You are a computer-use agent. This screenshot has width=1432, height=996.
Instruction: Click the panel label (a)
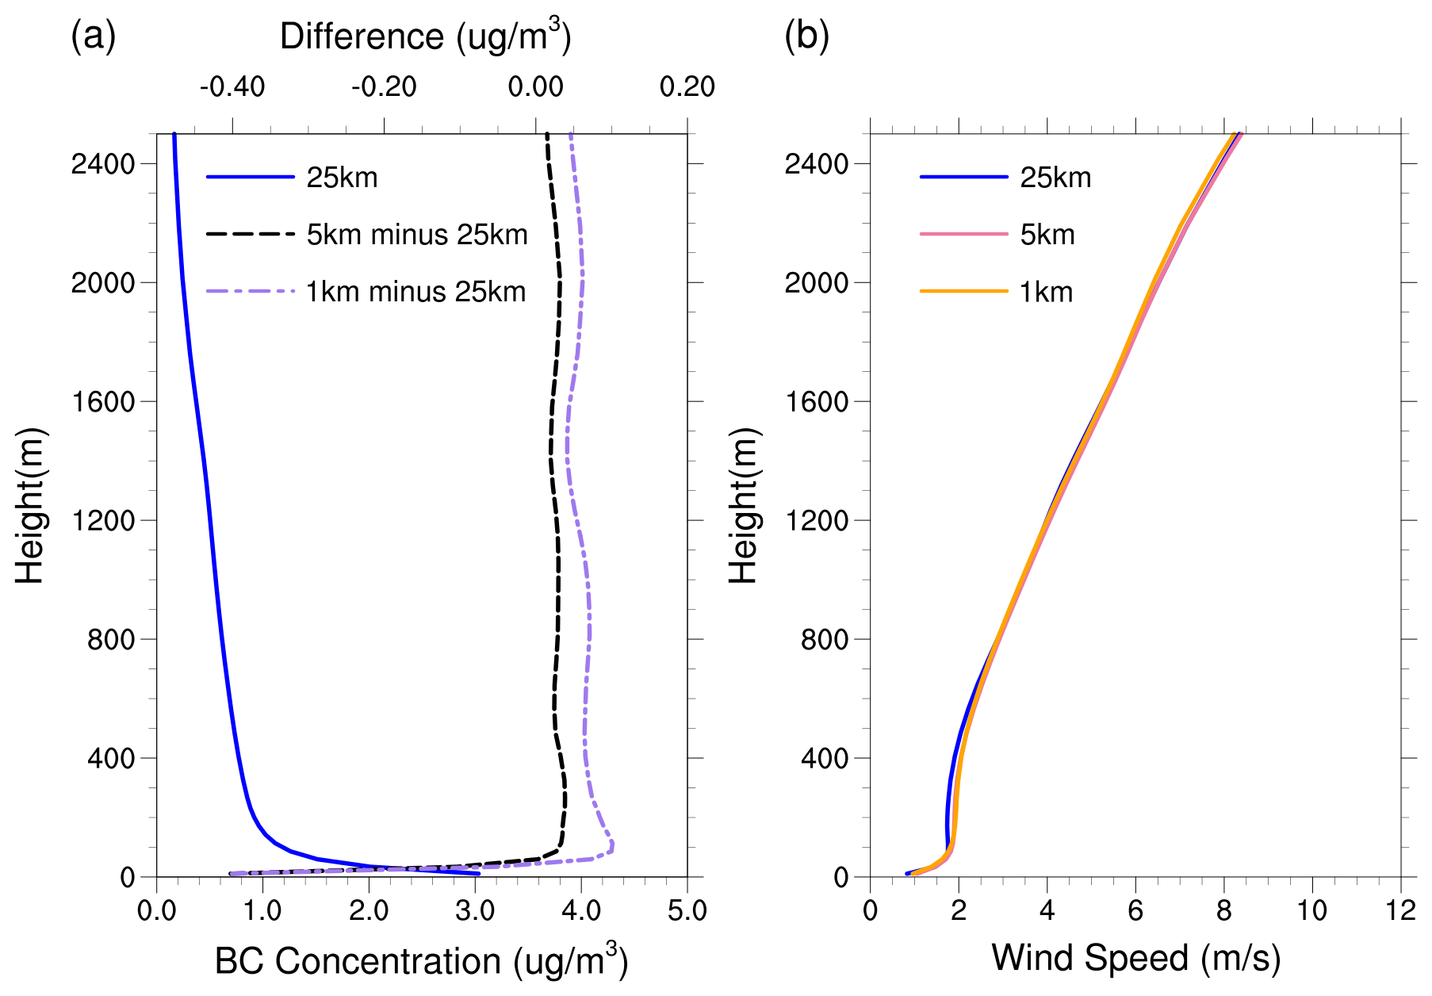pyautogui.click(x=94, y=36)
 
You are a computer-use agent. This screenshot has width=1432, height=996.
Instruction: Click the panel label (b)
pyautogui.click(x=806, y=36)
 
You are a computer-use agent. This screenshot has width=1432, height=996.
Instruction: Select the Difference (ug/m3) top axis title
pyautogui.click(x=425, y=36)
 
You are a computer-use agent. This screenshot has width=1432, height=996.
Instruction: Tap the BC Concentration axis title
pyautogui.click(x=421, y=960)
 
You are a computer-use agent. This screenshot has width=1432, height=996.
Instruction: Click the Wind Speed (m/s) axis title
pyautogui.click(x=1135, y=957)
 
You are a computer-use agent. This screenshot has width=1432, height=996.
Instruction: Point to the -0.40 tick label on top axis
pyautogui.click(x=232, y=86)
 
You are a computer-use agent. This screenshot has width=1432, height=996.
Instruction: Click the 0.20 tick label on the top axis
pyautogui.click(x=687, y=86)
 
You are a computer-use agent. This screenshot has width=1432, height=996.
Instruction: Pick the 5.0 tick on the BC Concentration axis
pyautogui.click(x=687, y=910)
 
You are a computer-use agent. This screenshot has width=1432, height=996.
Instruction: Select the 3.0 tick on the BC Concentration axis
pyautogui.click(x=474, y=910)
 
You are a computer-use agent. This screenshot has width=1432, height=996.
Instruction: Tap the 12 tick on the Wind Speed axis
pyautogui.click(x=1400, y=910)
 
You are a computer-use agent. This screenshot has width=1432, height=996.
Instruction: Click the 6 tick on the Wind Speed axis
pyautogui.click(x=1135, y=910)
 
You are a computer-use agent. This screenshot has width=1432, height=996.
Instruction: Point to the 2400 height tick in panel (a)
pyautogui.click(x=103, y=164)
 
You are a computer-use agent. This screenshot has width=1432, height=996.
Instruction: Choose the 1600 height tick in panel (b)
pyautogui.click(x=817, y=402)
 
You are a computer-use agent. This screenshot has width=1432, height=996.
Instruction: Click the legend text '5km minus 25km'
pyautogui.click(x=417, y=235)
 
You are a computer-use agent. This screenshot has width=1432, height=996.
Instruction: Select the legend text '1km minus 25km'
pyautogui.click(x=416, y=292)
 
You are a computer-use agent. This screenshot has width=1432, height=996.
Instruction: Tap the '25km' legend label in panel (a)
pyautogui.click(x=342, y=178)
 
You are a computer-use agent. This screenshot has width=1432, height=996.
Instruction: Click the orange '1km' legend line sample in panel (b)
pyautogui.click(x=963, y=292)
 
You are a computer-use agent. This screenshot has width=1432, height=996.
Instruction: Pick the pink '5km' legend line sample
pyautogui.click(x=963, y=235)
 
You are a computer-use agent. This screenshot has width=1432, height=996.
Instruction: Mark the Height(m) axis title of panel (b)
pyautogui.click(x=744, y=505)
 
